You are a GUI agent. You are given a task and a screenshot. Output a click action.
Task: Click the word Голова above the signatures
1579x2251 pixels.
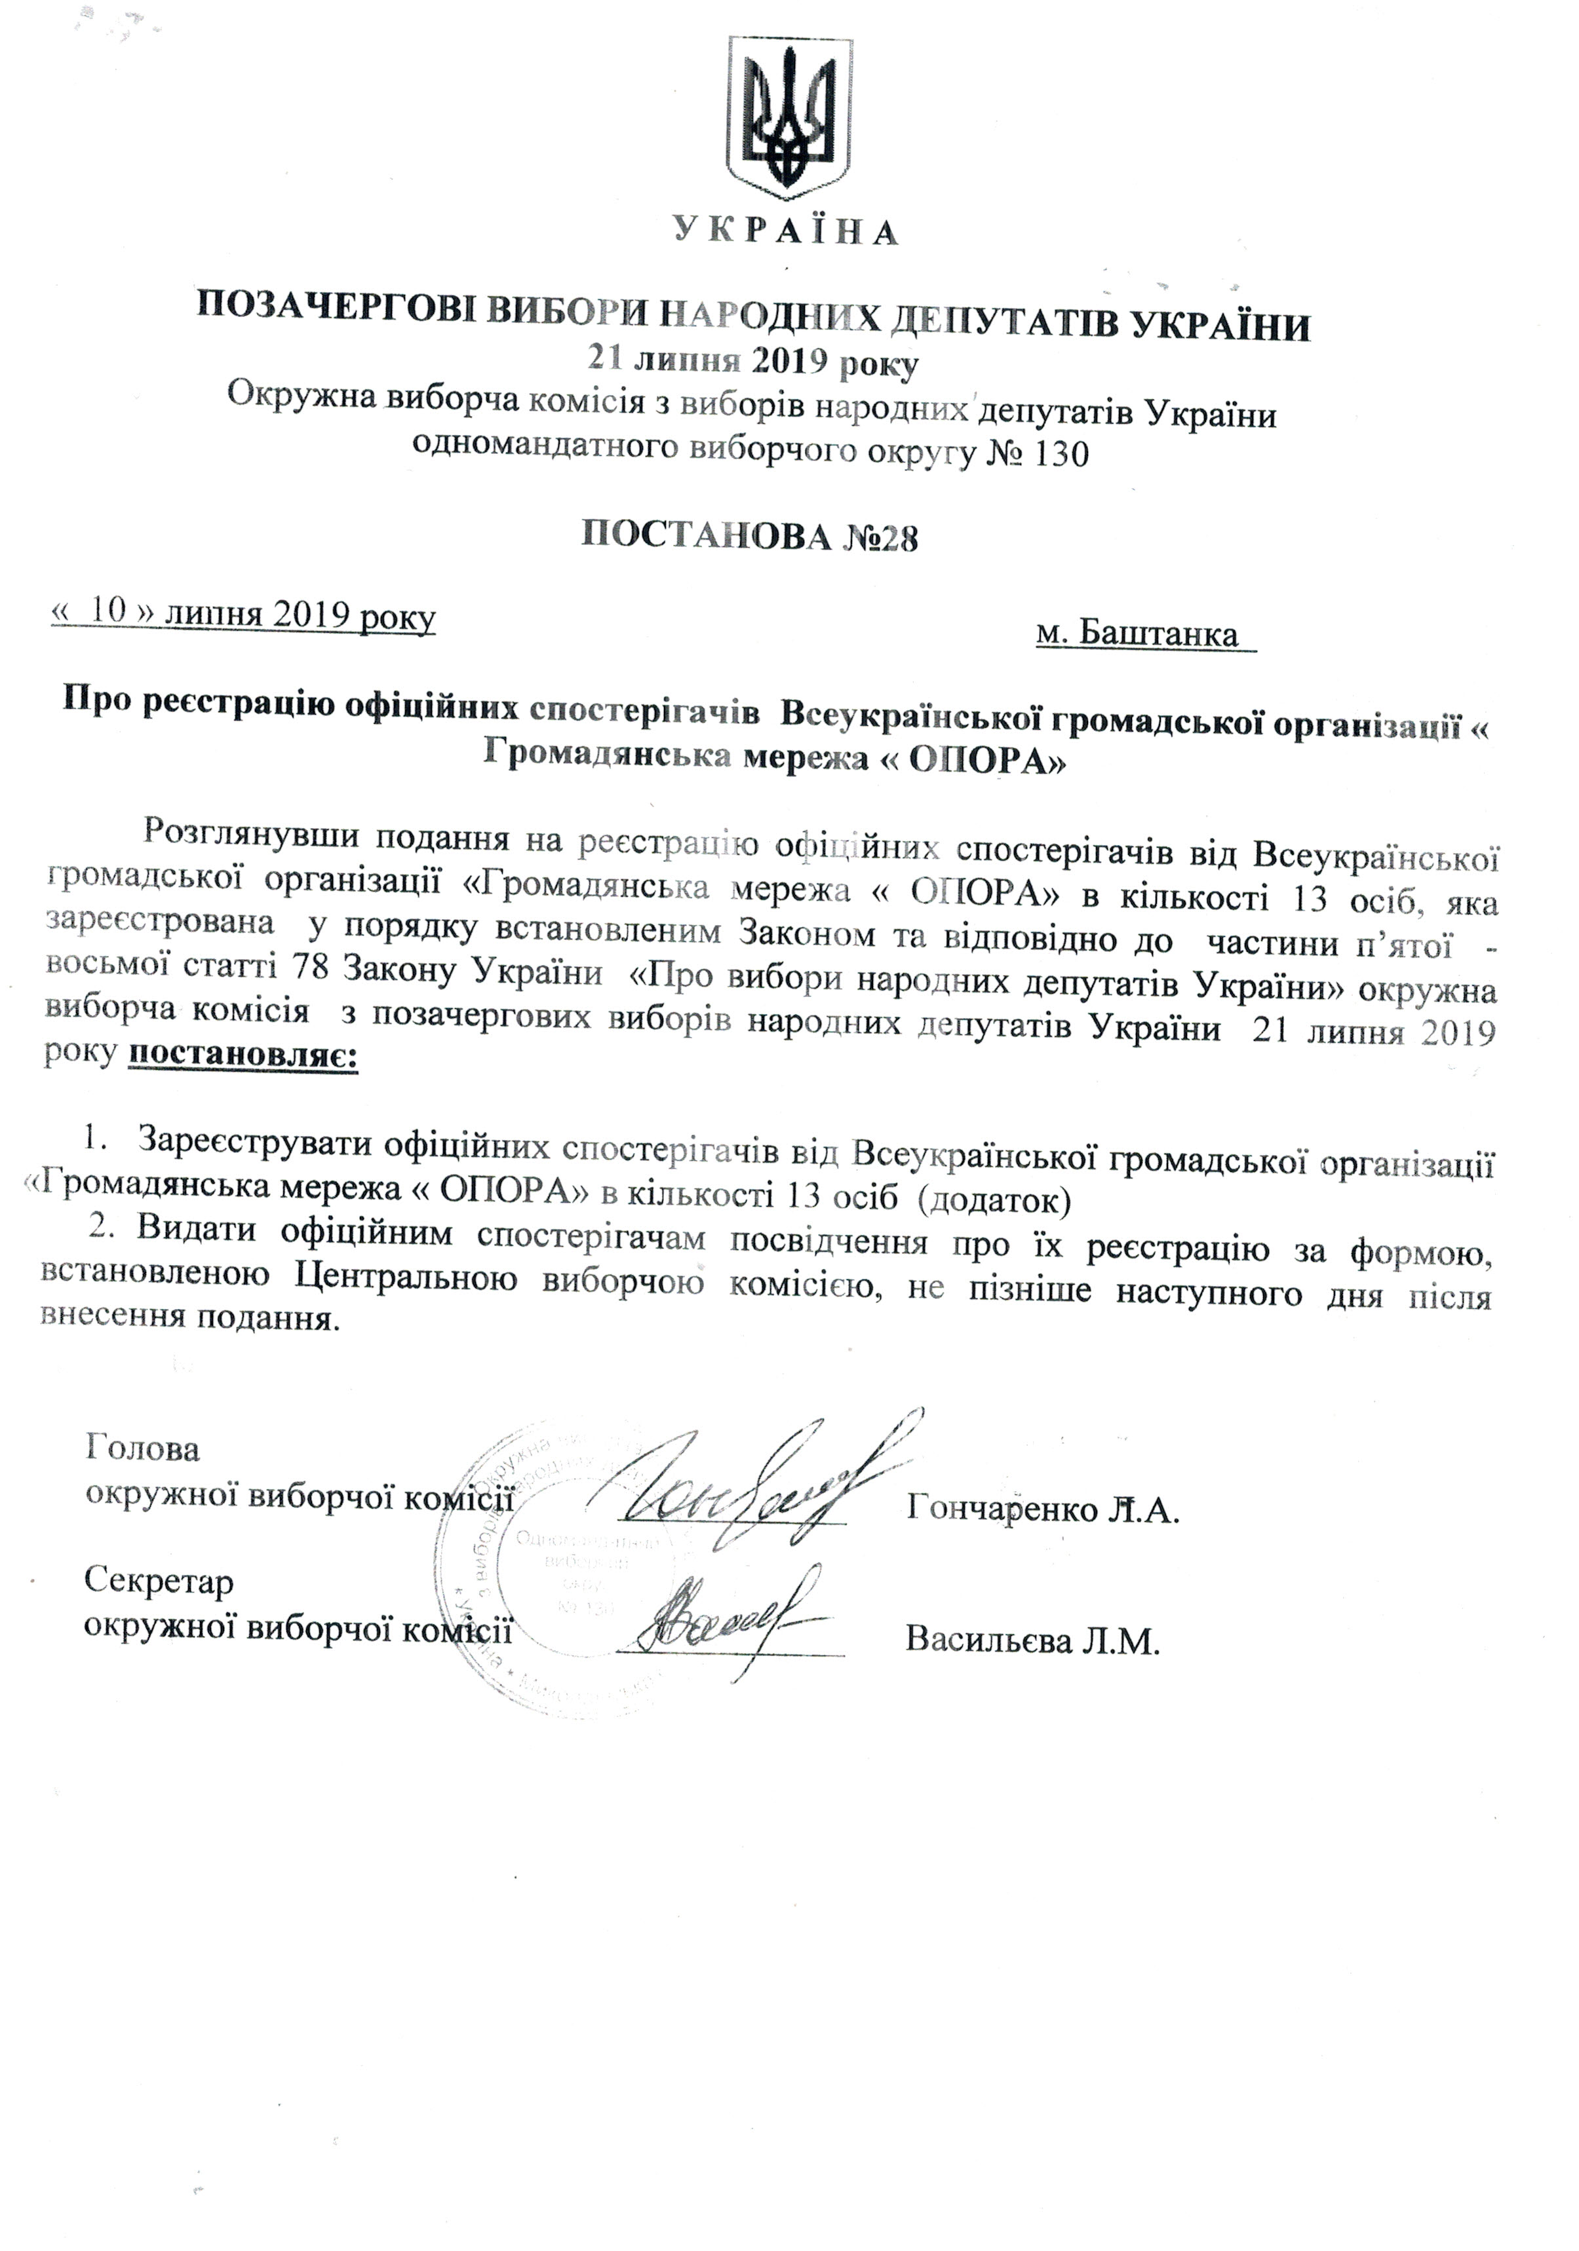(x=143, y=1448)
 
